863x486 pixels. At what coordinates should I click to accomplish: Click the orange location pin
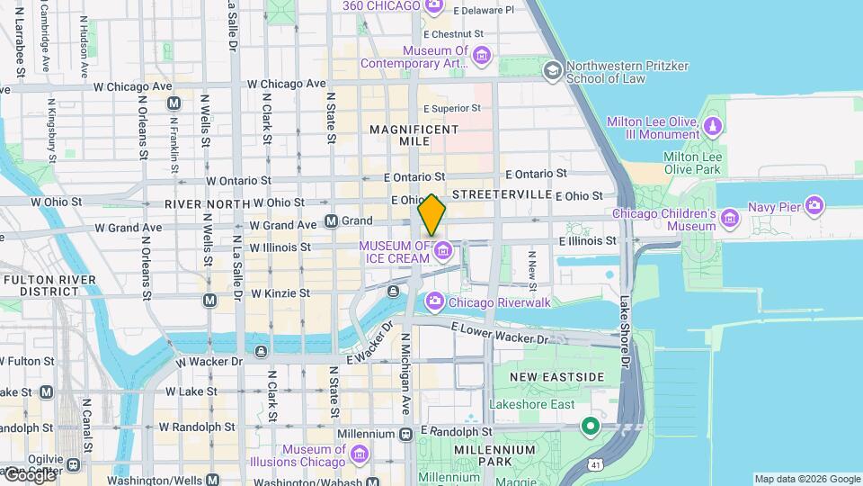click(432, 215)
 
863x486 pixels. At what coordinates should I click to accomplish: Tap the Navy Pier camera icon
click(814, 206)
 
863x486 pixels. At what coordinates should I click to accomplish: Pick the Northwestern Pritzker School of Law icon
click(552, 69)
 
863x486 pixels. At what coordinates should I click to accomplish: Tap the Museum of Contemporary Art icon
click(482, 57)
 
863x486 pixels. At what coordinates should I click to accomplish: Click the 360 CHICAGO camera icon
click(433, 6)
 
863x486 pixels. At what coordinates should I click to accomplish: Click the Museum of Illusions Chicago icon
click(360, 453)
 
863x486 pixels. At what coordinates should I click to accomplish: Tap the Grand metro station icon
click(331, 220)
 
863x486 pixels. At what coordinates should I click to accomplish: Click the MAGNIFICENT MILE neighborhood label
click(414, 138)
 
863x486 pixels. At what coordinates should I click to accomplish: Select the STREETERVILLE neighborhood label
click(502, 194)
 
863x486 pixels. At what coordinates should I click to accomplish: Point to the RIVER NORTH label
click(207, 204)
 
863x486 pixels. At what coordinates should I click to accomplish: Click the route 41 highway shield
click(595, 464)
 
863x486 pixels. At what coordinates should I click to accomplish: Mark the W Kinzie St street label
click(280, 293)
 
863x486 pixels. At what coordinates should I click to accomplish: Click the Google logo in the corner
click(29, 475)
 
